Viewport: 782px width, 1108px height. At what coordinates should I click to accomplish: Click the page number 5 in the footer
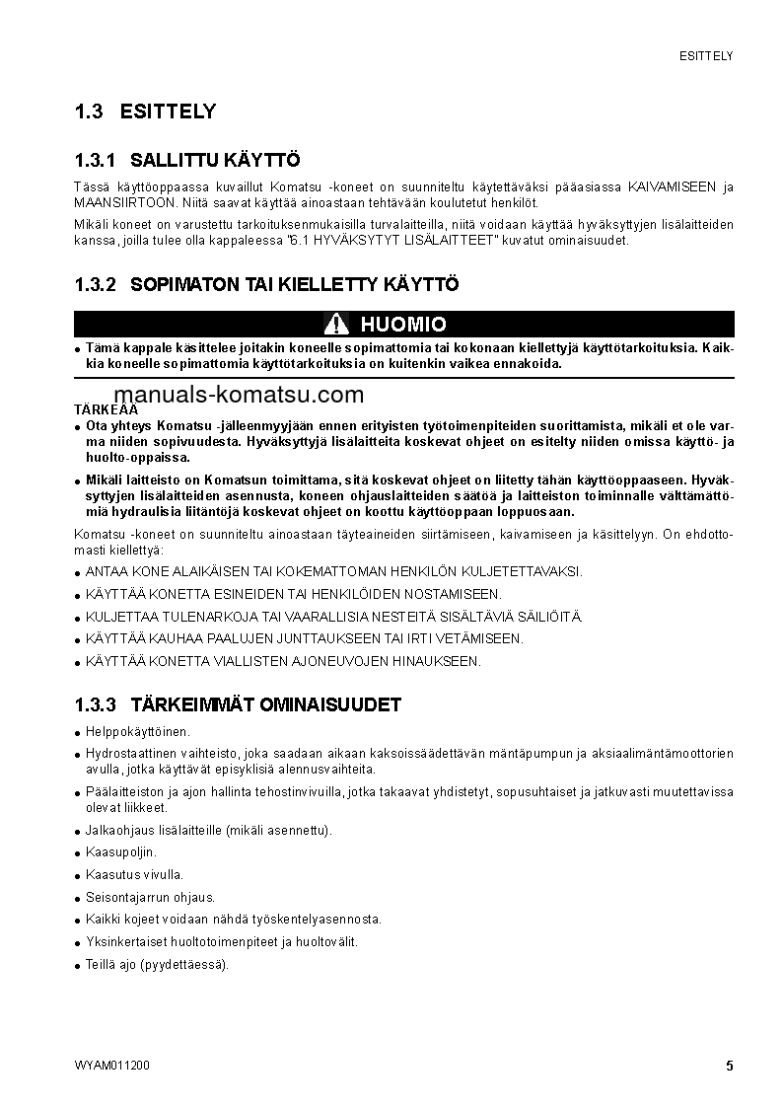coord(729,1066)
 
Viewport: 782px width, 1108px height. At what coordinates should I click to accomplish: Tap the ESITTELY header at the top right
coord(705,56)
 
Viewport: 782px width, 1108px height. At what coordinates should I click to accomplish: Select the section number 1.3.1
coord(96,160)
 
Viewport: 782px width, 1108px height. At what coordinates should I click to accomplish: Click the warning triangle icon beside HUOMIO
coord(337,324)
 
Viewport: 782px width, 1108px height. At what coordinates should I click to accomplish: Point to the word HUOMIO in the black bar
coord(403,324)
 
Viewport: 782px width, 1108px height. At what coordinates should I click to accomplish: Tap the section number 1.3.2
coord(96,284)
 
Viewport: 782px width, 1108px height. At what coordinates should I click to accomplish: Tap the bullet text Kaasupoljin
coord(121,851)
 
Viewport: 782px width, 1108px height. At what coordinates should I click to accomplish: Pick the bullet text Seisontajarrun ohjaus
coord(150,897)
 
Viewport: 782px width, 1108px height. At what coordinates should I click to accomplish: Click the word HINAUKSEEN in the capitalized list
coord(437,661)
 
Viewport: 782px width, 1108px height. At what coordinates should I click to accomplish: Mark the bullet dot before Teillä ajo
coord(77,966)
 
